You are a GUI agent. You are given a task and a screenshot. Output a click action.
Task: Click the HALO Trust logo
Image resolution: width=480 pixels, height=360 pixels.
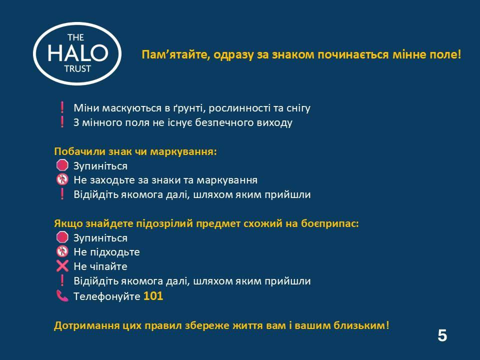[x=77, y=53]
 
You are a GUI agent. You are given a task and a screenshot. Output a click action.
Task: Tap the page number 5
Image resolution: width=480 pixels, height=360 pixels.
[x=442, y=335]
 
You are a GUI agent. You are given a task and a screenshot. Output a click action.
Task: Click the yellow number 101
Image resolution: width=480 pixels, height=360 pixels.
[x=153, y=296]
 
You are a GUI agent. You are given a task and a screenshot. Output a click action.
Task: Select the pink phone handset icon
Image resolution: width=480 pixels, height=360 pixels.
[x=62, y=295]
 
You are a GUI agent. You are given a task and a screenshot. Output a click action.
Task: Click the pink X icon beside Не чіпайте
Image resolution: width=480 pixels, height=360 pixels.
[x=62, y=266]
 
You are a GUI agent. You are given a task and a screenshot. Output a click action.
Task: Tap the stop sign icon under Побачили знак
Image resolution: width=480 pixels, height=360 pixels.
[x=62, y=165]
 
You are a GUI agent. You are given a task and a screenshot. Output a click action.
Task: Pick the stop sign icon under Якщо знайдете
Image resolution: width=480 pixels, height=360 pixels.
[x=62, y=237]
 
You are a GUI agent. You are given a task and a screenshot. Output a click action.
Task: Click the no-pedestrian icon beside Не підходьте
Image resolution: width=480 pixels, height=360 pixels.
[x=62, y=251]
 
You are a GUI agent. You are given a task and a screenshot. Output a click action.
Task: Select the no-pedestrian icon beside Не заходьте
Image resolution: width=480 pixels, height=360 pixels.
[x=62, y=179]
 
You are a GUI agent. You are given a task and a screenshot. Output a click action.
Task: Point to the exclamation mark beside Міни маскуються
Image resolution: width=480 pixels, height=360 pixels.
[x=62, y=107]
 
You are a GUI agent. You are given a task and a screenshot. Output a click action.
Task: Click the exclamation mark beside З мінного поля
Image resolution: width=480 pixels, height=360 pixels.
[x=62, y=122]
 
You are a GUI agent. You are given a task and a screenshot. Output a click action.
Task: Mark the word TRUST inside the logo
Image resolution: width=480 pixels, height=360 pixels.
[x=78, y=69]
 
